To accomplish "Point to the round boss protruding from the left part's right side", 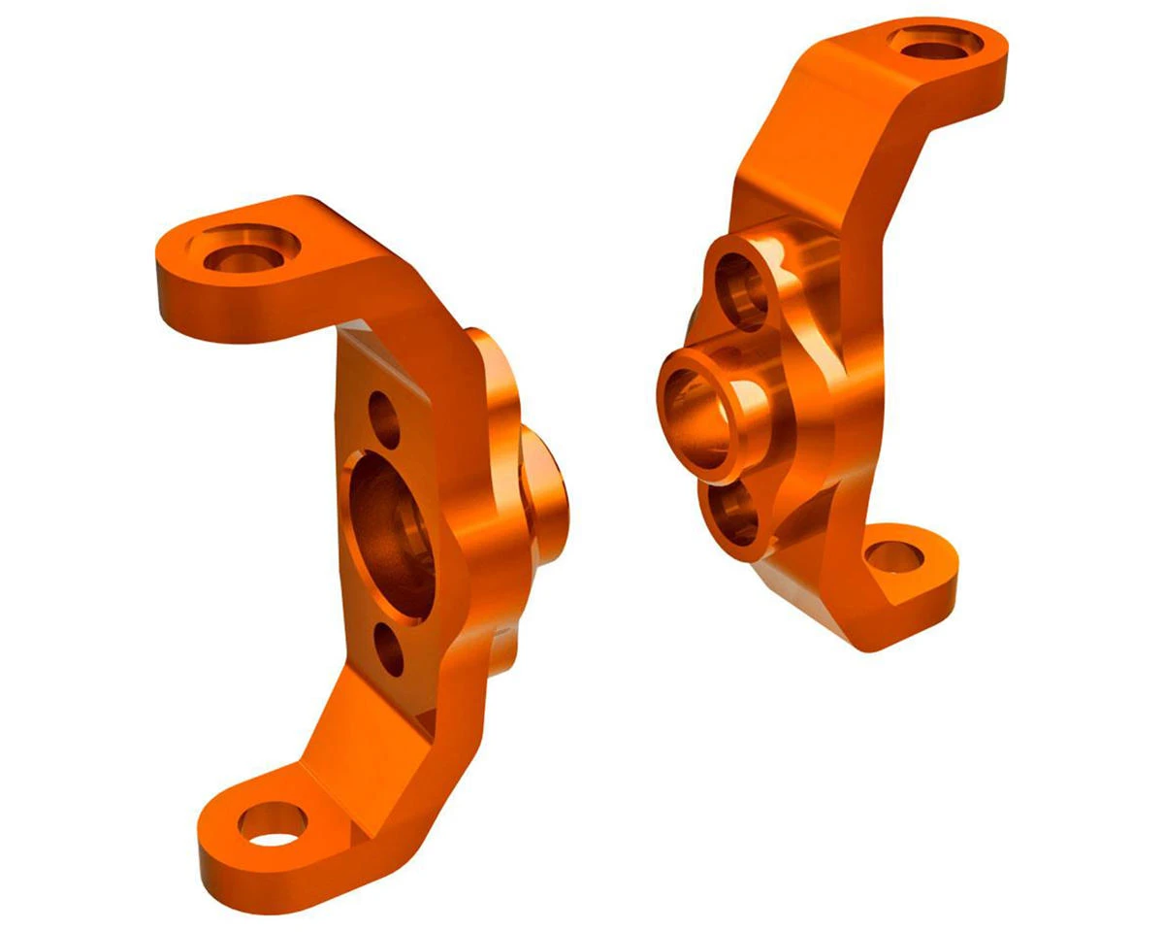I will [543, 485].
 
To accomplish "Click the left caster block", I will [369, 544].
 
